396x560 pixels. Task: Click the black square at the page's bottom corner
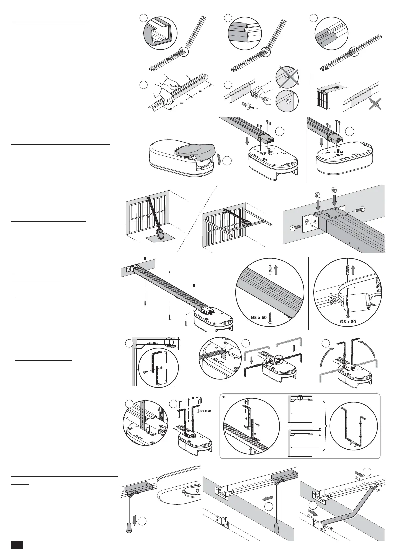(17, 545)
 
